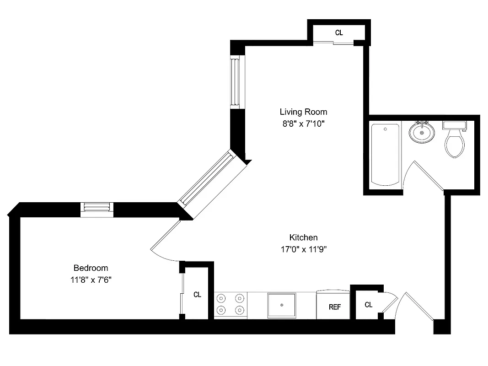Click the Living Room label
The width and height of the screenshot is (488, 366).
[x=303, y=112]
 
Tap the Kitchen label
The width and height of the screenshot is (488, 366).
[x=303, y=237]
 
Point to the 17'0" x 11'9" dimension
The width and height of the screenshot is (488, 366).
[x=303, y=249]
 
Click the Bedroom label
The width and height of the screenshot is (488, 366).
[x=91, y=268]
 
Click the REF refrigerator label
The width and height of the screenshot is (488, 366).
[x=335, y=307]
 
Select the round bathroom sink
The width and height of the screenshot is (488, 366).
[x=421, y=133]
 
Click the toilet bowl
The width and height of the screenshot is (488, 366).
[x=454, y=144]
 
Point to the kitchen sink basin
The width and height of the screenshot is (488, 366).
[x=282, y=305]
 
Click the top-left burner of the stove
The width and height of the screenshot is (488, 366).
[x=221, y=298]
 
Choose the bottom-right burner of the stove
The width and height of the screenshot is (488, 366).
[x=239, y=310]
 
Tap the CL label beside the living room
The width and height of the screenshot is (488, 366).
[x=339, y=32]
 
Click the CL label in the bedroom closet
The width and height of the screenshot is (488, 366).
[x=197, y=295]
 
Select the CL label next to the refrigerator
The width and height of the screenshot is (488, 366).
[x=369, y=305]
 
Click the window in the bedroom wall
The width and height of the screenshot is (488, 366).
[x=97, y=208]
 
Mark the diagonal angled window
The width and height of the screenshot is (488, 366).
[x=207, y=179]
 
